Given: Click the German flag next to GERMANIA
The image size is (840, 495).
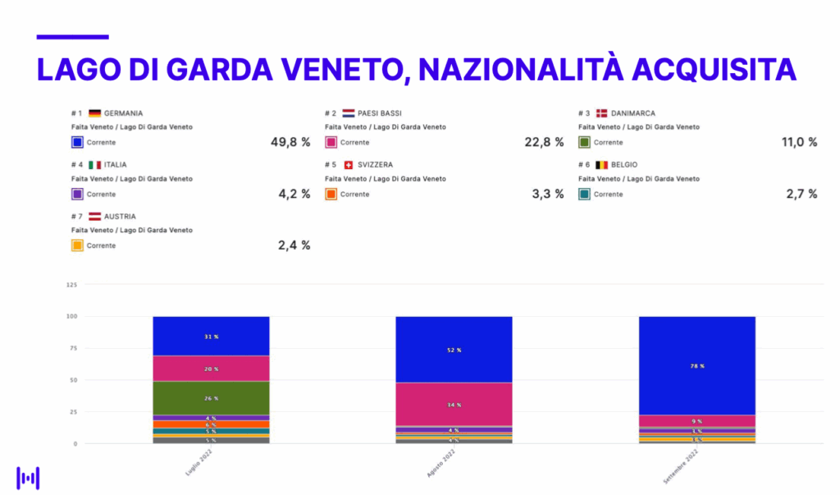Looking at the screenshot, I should [x=94, y=113].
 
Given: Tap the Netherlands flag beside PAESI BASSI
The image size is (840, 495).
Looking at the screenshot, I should [x=349, y=113].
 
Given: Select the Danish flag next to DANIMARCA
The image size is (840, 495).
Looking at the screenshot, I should [x=601, y=113].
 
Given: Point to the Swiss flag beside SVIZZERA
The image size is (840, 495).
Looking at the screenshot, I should [x=349, y=165].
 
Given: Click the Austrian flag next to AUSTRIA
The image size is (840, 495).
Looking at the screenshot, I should [x=94, y=217].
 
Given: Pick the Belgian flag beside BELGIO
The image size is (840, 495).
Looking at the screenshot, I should [x=601, y=165].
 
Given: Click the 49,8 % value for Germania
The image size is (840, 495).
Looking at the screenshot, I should [x=290, y=142].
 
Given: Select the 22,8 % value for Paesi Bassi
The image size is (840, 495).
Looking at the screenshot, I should [x=544, y=142].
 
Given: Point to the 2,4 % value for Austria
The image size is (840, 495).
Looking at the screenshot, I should [x=294, y=245].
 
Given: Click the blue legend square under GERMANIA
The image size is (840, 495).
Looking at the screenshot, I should [x=77, y=143].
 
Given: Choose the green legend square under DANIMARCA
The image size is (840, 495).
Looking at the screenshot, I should [x=584, y=143].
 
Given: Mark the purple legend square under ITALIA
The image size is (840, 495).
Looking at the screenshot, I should [x=77, y=195].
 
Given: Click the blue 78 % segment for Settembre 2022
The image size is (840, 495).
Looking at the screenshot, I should [x=696, y=365].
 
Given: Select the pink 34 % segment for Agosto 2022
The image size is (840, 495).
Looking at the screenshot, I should [x=454, y=405].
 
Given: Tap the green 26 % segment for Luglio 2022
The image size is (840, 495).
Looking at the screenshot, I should [x=211, y=398].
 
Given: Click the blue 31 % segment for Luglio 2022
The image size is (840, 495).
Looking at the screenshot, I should [x=211, y=336].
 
